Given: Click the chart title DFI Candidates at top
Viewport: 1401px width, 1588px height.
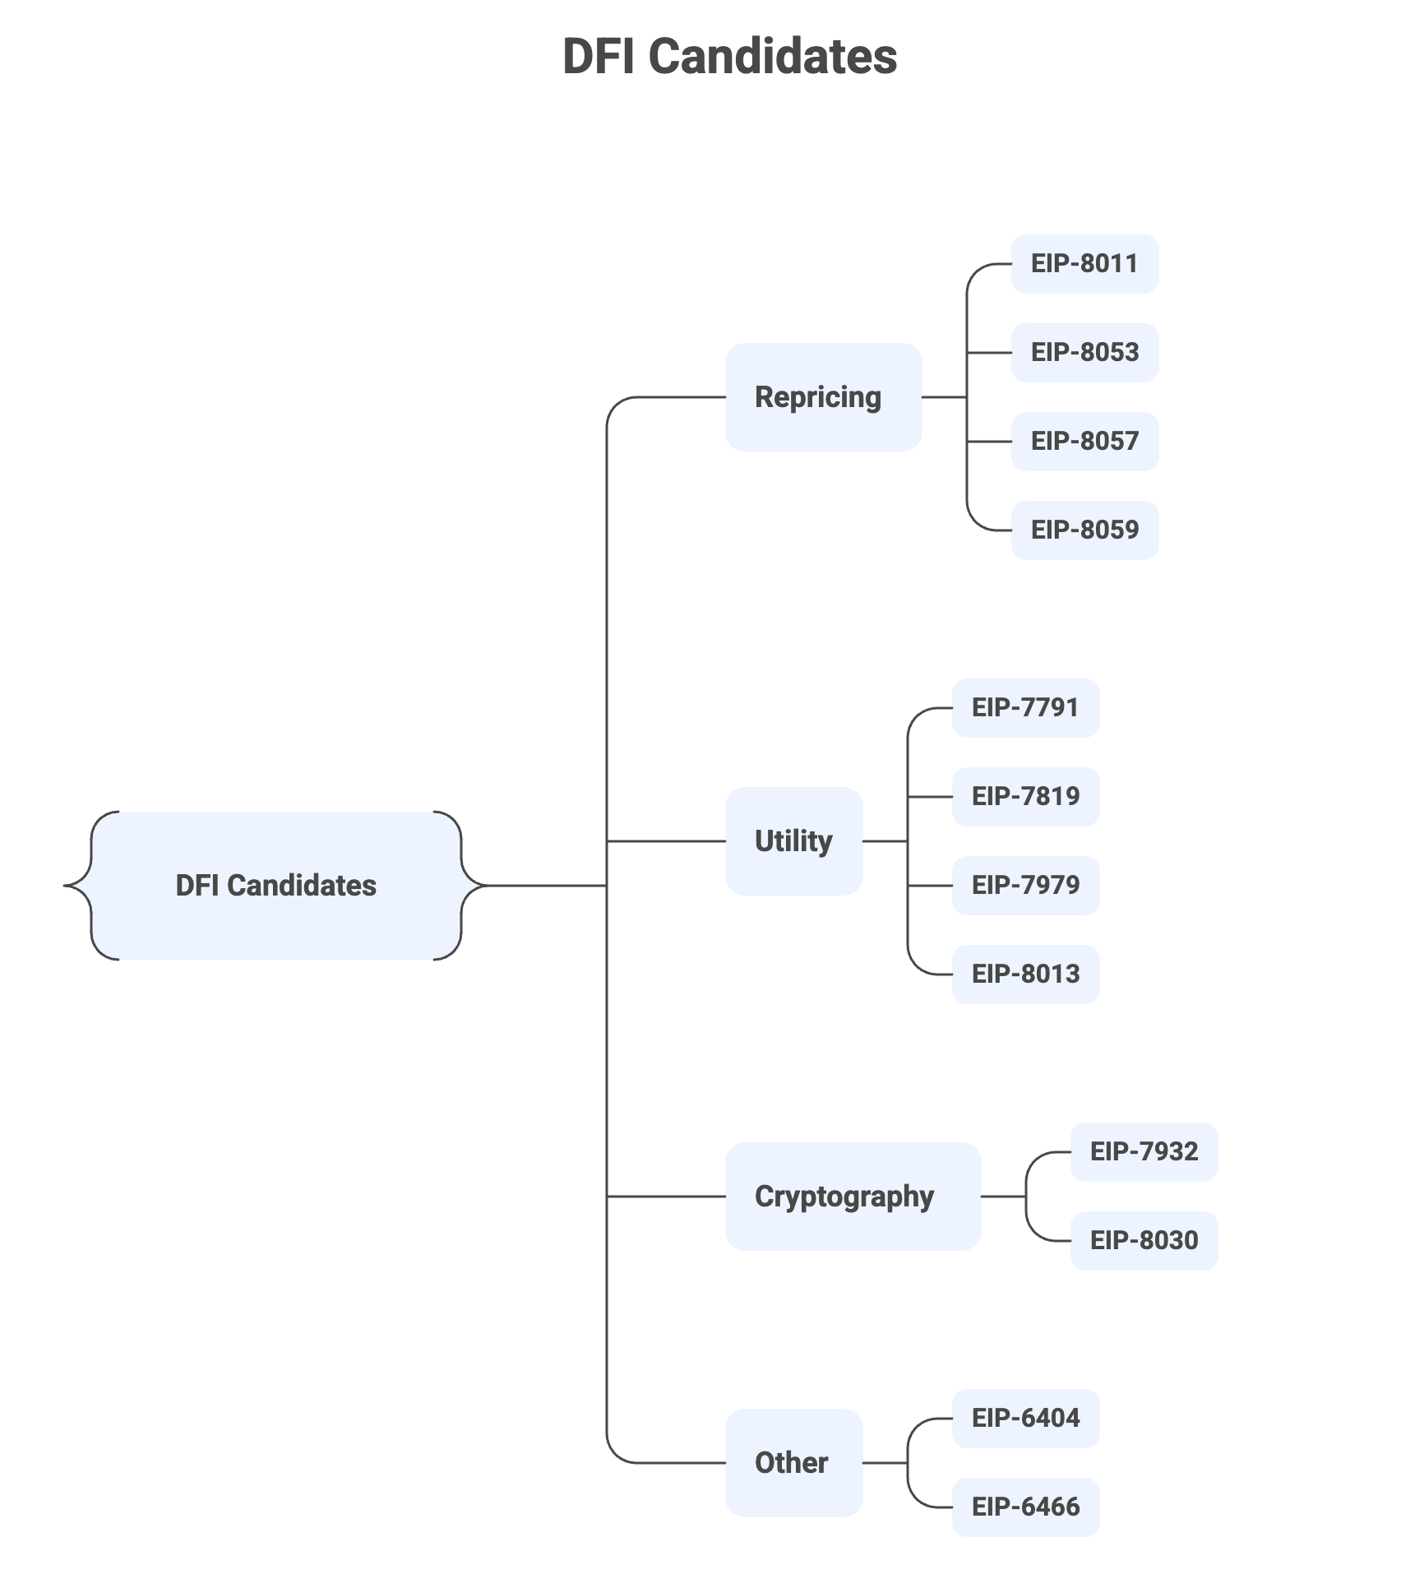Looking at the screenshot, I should click(x=729, y=57).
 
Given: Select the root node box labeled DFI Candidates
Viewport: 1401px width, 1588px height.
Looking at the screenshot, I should click(x=276, y=886).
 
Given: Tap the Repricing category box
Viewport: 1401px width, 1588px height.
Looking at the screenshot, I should click(x=823, y=397).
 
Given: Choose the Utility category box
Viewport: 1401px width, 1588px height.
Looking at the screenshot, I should click(x=793, y=841).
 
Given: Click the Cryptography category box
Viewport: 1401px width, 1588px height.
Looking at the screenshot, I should click(x=853, y=1197).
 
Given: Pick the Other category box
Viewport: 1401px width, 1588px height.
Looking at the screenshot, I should click(x=793, y=1463).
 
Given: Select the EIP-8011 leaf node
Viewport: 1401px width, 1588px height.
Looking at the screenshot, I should click(x=1084, y=264).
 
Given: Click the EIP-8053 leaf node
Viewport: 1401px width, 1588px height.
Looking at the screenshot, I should click(x=1084, y=353).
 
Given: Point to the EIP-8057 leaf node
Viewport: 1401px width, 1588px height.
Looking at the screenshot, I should click(x=1084, y=442).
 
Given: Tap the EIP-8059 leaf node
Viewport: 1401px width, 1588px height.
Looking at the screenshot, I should click(x=1084, y=530).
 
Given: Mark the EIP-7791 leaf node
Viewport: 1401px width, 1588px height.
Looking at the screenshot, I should click(x=1025, y=708).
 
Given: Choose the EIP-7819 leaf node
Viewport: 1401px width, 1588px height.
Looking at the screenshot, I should click(x=1025, y=797).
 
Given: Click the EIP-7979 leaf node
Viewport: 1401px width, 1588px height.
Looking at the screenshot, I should click(x=1025, y=886).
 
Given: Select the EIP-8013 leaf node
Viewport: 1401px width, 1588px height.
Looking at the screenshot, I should click(x=1025, y=975).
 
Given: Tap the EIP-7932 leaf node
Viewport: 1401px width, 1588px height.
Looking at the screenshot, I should click(x=1144, y=1152).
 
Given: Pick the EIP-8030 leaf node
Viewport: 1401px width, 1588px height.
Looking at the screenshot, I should click(x=1144, y=1241).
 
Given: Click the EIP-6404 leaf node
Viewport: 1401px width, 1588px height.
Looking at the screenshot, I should click(x=1025, y=1419).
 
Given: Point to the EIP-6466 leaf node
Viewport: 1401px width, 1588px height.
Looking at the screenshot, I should click(x=1025, y=1507).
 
